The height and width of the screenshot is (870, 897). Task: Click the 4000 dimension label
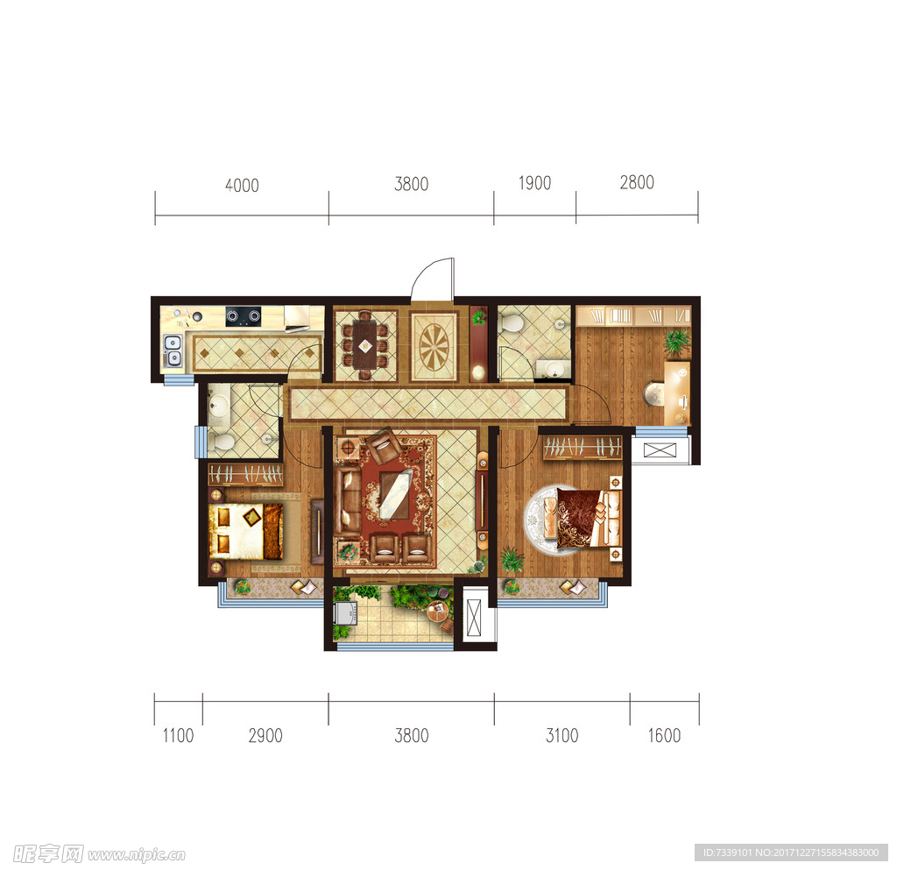click(x=242, y=186)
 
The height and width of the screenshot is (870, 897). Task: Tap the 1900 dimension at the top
click(x=534, y=183)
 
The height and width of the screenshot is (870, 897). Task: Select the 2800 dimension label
click(x=637, y=182)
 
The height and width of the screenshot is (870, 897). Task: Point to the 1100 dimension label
click(x=178, y=736)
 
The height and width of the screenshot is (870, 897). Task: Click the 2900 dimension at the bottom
click(x=265, y=736)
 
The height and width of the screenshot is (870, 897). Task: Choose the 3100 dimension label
click(x=562, y=736)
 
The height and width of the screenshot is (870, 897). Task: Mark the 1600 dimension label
click(x=664, y=736)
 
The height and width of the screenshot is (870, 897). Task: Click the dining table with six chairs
click(x=365, y=345)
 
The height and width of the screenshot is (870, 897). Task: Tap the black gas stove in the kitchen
click(x=244, y=316)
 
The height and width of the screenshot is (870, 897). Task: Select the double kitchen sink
click(x=173, y=350)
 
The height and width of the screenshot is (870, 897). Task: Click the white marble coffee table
click(x=396, y=494)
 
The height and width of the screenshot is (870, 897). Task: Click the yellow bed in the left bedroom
click(x=245, y=531)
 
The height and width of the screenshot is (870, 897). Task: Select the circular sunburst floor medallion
click(x=434, y=347)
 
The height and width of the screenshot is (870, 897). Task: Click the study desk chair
click(x=653, y=393)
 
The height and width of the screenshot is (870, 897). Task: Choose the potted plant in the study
click(x=677, y=342)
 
